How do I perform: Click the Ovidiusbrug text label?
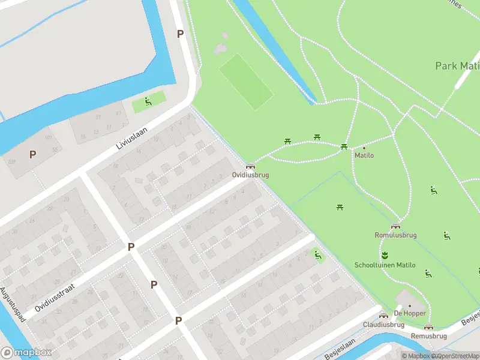click(x=250, y=175)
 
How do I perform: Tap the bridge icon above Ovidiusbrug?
click(x=250, y=166)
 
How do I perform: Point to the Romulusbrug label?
click(x=395, y=235)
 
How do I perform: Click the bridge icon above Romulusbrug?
click(x=395, y=226)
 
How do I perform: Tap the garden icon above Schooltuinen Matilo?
click(x=385, y=254)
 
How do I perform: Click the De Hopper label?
click(x=410, y=313)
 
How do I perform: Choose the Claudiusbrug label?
click(x=383, y=325)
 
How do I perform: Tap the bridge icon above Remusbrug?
click(x=428, y=327)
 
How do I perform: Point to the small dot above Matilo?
click(x=364, y=148)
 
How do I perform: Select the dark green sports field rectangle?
click(x=246, y=82)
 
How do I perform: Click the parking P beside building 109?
click(x=32, y=154)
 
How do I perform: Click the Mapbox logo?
click(x=26, y=353)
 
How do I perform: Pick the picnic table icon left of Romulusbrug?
click(x=340, y=207)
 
